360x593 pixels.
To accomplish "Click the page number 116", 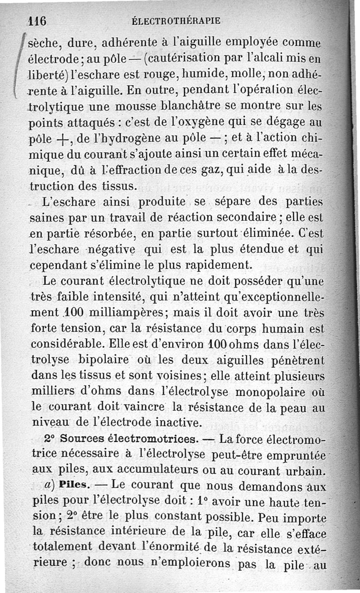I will (38, 21).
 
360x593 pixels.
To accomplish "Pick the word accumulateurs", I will (144, 471).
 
